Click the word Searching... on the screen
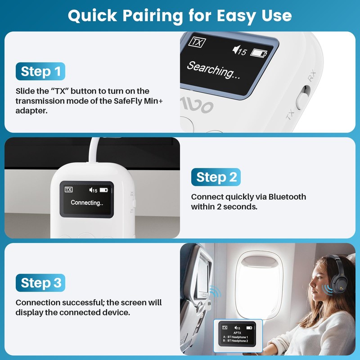213,70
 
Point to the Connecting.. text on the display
87,203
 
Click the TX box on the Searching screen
196,42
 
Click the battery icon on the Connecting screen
104,190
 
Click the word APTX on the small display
237,333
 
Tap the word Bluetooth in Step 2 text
287,197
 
